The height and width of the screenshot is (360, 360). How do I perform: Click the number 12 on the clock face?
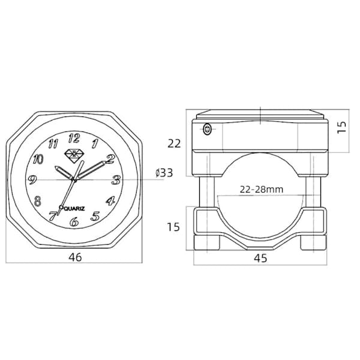(x=74, y=138)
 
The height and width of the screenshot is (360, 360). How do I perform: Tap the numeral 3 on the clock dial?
(x=116, y=180)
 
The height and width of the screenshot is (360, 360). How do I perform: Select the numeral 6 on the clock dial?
(x=74, y=221)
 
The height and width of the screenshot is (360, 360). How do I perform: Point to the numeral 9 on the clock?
(x=32, y=179)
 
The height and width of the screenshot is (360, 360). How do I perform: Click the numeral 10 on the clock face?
(x=38, y=159)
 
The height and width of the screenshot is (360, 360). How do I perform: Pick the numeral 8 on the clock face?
(x=37, y=201)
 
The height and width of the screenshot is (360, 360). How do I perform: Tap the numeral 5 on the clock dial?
(x=95, y=216)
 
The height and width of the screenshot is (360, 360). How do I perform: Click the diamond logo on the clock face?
(x=74, y=156)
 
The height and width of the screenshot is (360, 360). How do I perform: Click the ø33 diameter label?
(x=164, y=173)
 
